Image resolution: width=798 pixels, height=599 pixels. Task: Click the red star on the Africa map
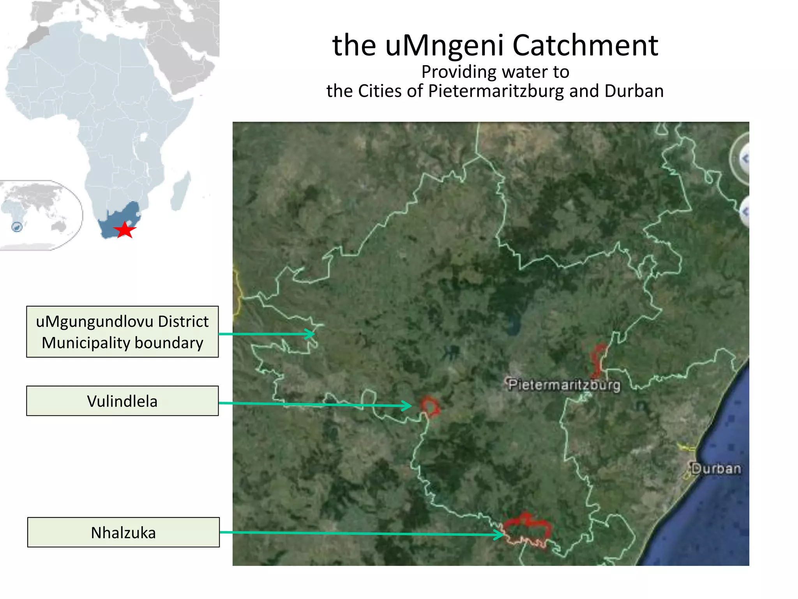pyautogui.click(x=125, y=230)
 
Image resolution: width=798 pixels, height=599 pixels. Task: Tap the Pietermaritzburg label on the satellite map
pyautogui.click(x=564, y=385)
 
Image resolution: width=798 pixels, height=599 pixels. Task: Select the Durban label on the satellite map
pyautogui.click(x=716, y=468)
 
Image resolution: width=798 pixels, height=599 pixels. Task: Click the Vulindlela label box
pyautogui.click(x=122, y=401)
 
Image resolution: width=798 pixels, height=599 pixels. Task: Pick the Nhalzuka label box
pyautogui.click(x=123, y=532)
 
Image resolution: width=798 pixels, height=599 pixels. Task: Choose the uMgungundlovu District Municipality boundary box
pyautogui.click(x=122, y=332)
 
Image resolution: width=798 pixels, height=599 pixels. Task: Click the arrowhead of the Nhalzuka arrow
pyautogui.click(x=501, y=534)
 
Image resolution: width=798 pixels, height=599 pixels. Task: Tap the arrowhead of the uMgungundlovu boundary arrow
pyautogui.click(x=311, y=334)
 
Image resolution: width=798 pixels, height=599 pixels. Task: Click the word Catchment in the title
pyautogui.click(x=585, y=45)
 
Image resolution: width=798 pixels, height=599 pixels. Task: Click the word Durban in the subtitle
pyautogui.click(x=634, y=91)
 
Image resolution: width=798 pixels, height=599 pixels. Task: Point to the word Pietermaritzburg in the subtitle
pyautogui.click(x=496, y=91)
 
